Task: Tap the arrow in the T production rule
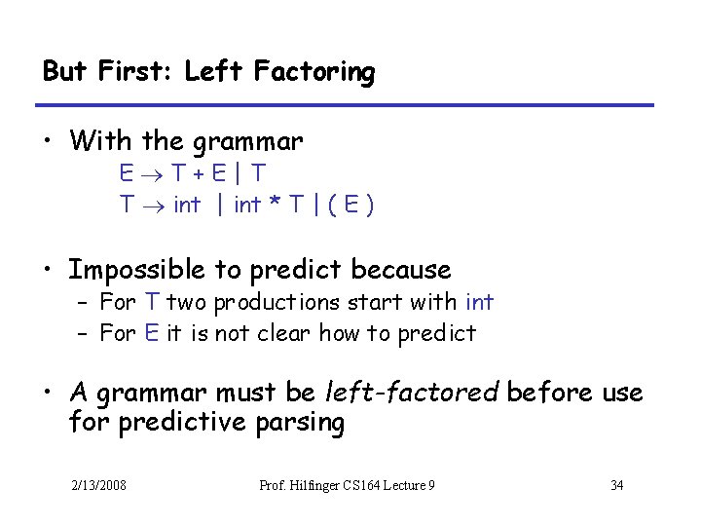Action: (x=153, y=207)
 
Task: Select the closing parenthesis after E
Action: (x=371, y=206)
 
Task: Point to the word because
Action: (x=401, y=269)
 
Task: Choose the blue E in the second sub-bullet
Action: (x=152, y=334)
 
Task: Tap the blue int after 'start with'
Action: (x=480, y=303)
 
